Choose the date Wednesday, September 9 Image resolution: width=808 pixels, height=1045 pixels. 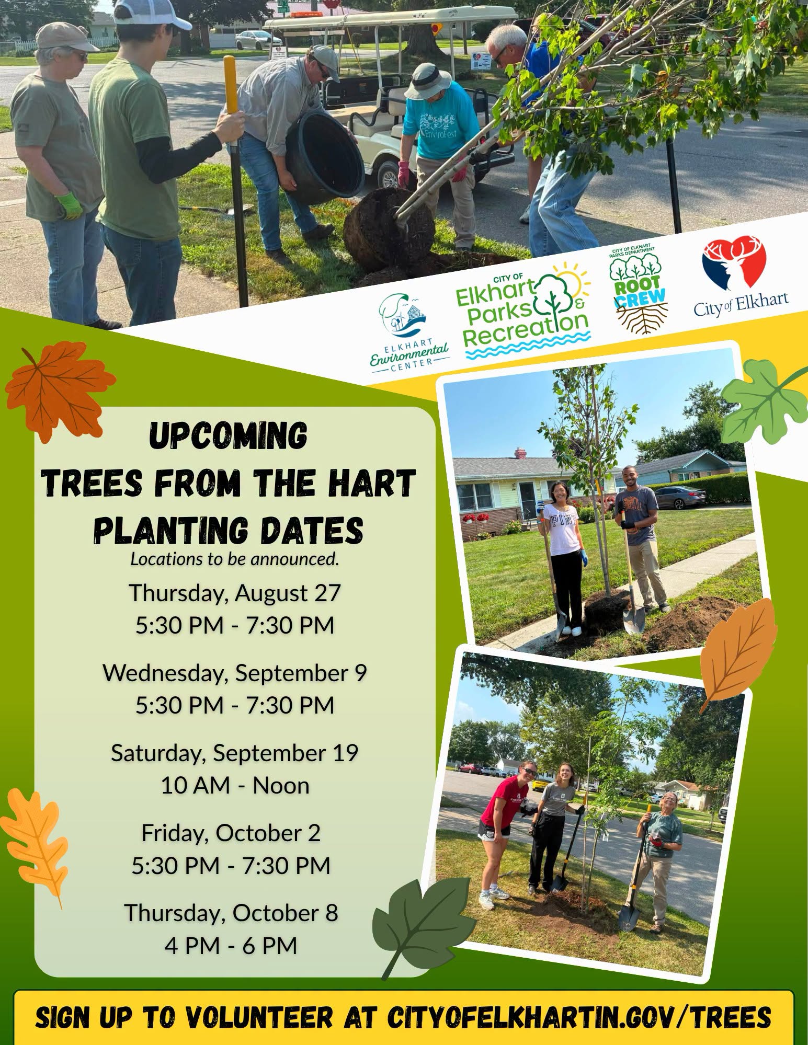235,673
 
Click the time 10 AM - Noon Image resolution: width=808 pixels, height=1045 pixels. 235,785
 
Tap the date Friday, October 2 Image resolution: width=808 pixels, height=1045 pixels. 231,833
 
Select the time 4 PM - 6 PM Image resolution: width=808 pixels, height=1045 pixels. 231,945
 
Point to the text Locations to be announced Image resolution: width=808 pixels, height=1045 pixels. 235,559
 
